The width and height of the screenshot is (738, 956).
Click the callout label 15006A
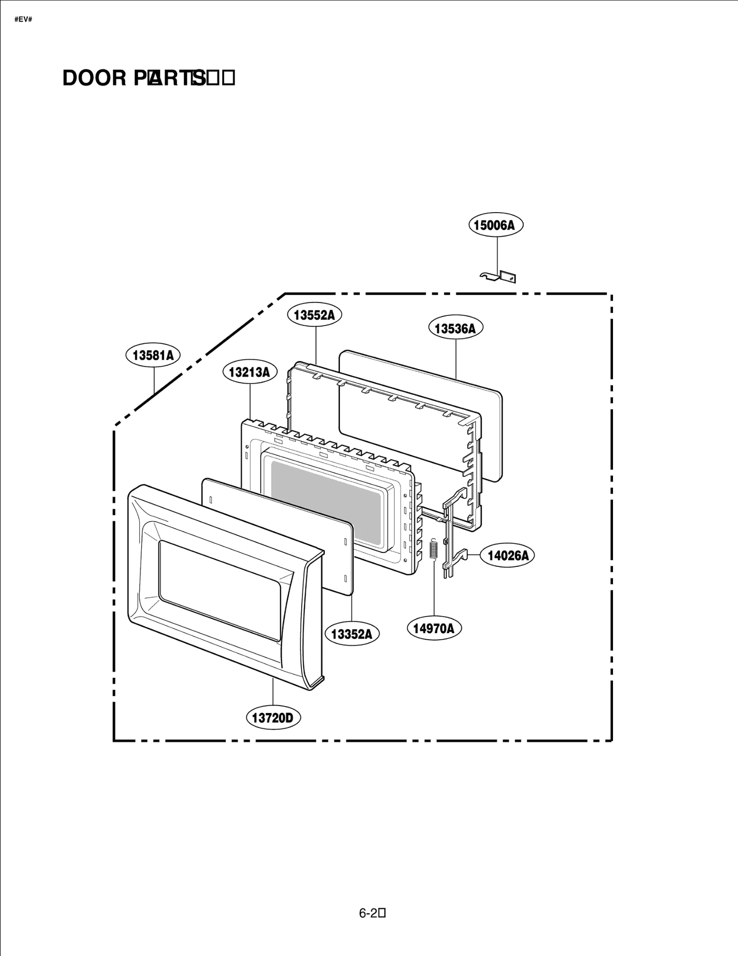(496, 225)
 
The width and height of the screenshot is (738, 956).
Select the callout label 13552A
(315, 315)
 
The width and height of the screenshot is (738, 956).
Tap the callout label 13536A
(455, 328)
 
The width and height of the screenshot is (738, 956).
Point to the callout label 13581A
(153, 355)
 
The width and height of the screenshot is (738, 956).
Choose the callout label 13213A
(250, 372)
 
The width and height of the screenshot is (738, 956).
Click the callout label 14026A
(508, 556)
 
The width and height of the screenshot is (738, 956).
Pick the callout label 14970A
(434, 628)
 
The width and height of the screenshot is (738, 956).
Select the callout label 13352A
(352, 634)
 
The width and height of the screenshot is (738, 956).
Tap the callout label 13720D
(273, 718)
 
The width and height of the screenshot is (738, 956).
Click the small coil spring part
(433, 549)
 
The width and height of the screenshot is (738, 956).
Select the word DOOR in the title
(94, 78)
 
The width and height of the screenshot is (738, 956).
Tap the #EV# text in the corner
(23, 20)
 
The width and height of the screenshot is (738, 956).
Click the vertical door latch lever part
(449, 535)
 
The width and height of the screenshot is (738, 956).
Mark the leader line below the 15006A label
(497, 254)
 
